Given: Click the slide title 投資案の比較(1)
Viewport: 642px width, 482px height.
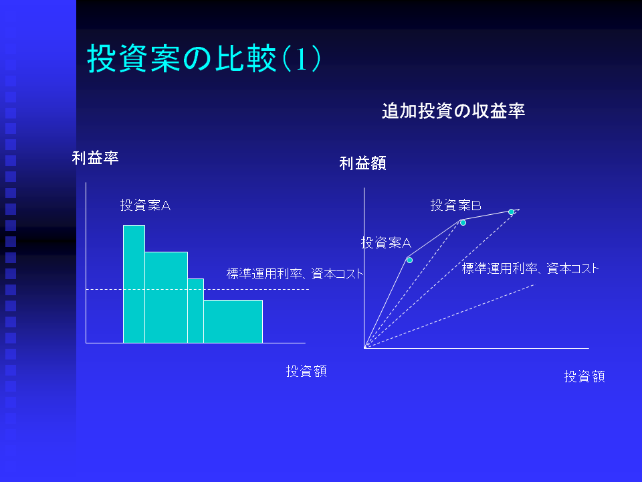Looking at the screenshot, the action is pos(203,59).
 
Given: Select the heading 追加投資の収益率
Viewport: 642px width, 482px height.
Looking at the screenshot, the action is pos(453,111).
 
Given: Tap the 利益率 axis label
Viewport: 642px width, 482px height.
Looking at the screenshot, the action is pos(96,158).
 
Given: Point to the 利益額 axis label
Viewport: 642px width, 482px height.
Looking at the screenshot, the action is pos(362,163).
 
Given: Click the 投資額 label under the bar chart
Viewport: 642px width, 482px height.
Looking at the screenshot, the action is pos(306,372).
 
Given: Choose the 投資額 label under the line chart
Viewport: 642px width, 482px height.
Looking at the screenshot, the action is pos(584,376).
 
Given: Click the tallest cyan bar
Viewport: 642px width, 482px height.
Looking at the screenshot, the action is pos(134,284).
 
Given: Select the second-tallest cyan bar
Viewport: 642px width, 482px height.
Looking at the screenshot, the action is pos(167,297).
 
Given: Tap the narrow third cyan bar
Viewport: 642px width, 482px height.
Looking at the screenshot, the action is pos(196,311).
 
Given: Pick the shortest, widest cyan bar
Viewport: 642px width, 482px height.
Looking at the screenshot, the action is pos(233,321).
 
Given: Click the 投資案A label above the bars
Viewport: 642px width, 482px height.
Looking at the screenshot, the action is pos(145,205).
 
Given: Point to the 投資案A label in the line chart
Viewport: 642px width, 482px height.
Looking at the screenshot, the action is pos(386,242).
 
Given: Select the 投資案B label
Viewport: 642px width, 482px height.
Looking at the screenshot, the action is pos(455,205).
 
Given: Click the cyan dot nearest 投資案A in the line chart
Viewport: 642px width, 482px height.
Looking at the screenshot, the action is pos(409,260).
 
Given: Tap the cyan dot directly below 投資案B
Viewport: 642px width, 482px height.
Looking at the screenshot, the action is pos(463,222).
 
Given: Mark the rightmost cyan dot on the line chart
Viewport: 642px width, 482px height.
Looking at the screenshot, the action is pos(512,212).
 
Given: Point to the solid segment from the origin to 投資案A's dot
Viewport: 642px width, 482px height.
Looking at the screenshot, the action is pos(386,303).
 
